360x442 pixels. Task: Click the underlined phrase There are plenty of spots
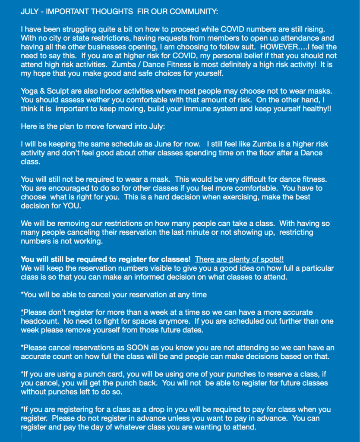pos(239,259)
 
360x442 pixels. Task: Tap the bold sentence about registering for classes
pos(106,259)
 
